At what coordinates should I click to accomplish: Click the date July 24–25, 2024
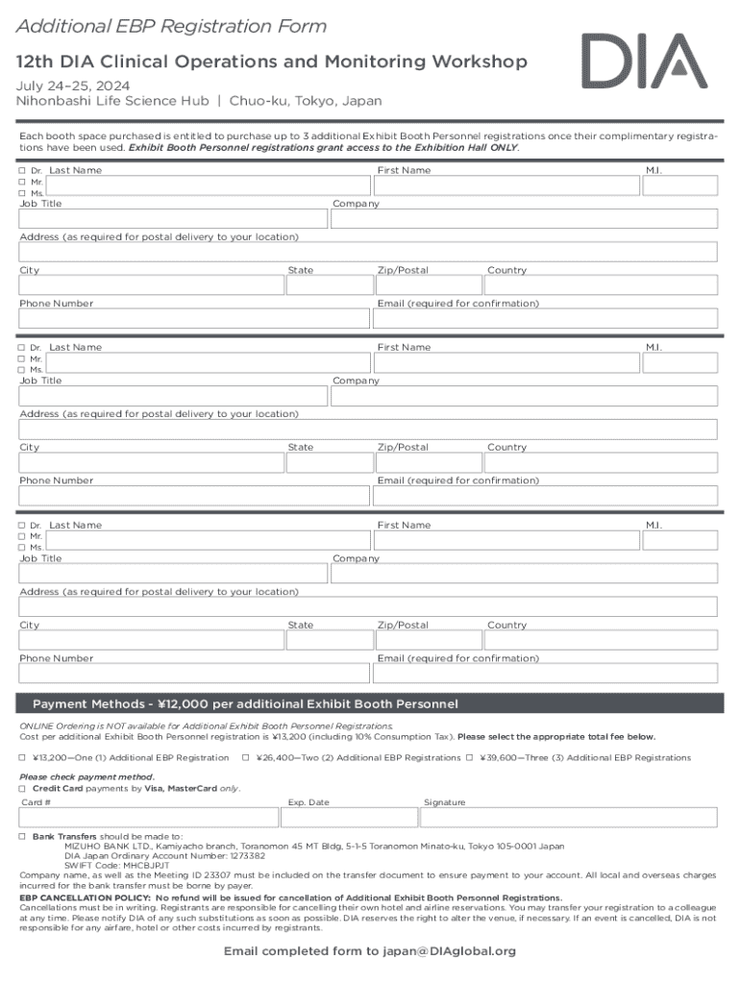(x=71, y=85)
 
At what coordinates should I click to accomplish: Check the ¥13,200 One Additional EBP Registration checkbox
(x=23, y=758)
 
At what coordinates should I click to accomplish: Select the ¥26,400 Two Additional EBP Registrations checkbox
(x=245, y=758)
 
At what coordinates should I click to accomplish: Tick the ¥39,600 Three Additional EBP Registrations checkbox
(x=470, y=758)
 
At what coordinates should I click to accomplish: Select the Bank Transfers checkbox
(x=23, y=837)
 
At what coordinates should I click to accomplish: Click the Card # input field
(x=148, y=818)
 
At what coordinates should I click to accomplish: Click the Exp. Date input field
(x=349, y=818)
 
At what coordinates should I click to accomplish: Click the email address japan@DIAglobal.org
(x=451, y=951)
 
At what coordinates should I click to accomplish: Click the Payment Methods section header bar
(x=370, y=704)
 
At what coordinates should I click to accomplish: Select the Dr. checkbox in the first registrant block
(x=23, y=171)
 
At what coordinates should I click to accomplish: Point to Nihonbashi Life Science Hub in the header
(x=112, y=101)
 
